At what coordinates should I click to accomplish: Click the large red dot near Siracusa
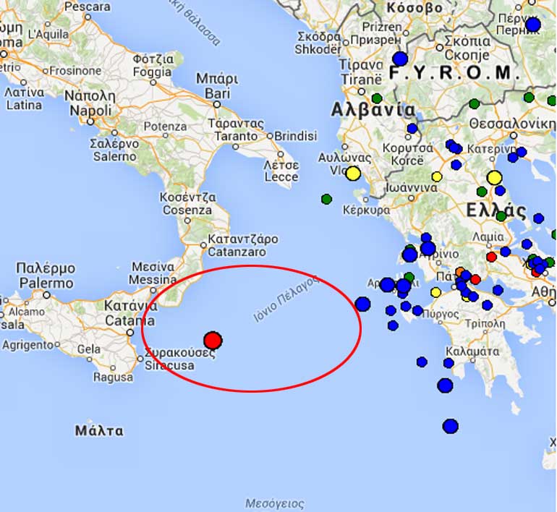click(x=212, y=340)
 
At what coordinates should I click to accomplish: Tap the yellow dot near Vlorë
click(x=353, y=174)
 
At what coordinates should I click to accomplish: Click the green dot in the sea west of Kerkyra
click(x=326, y=199)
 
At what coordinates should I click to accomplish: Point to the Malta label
click(x=99, y=430)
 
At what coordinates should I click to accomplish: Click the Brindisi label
click(x=295, y=135)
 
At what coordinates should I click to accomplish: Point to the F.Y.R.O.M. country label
click(x=454, y=72)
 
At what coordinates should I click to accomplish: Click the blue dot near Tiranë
click(x=399, y=59)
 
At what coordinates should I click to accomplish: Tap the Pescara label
click(x=87, y=7)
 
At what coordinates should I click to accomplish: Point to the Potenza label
click(x=165, y=127)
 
